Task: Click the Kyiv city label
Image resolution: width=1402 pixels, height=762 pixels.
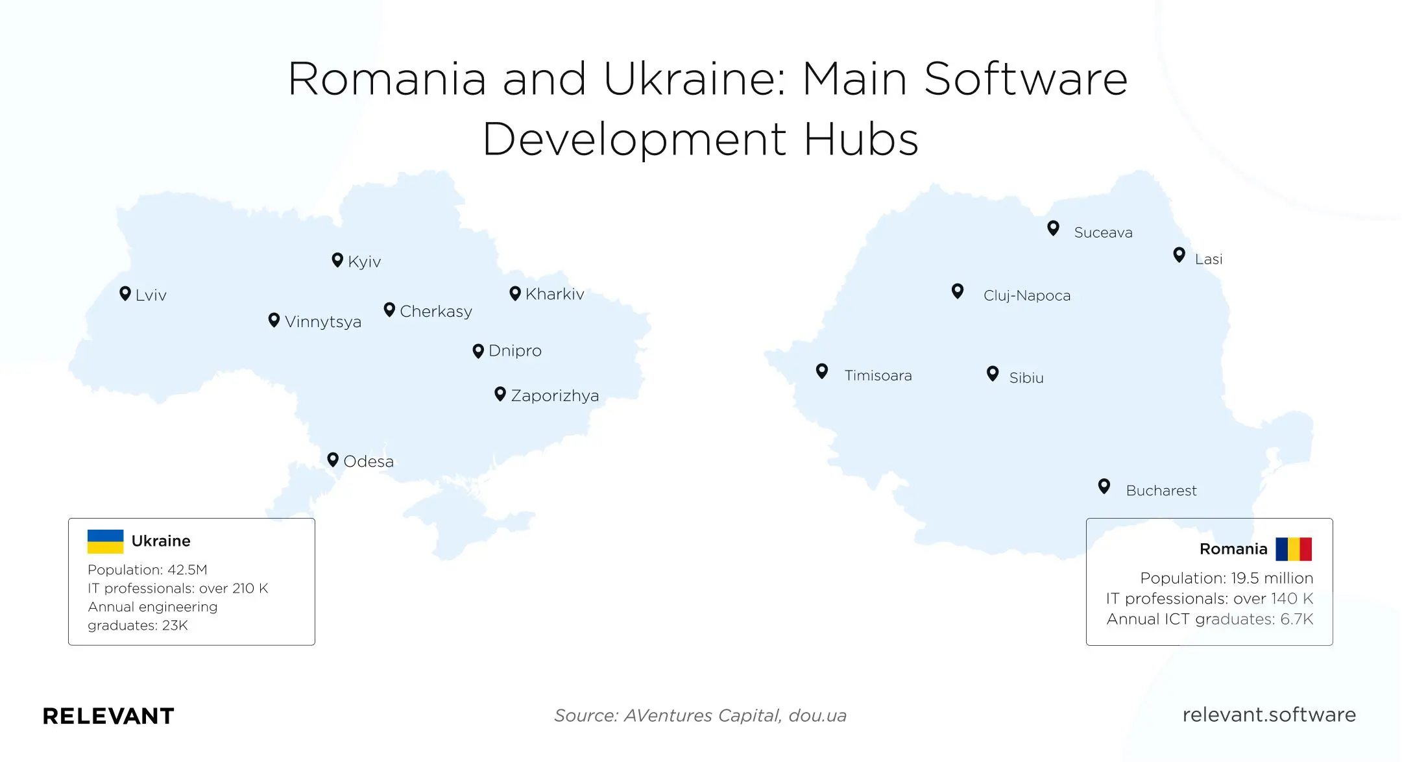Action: tap(364, 262)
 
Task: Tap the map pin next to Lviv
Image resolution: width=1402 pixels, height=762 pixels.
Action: tap(125, 293)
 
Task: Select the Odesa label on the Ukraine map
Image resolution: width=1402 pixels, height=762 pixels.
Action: tap(369, 461)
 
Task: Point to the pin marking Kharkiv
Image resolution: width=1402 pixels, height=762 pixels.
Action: tap(515, 293)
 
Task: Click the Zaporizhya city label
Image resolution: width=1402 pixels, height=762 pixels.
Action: tap(555, 396)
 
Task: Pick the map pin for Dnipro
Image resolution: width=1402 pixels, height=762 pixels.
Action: tap(478, 350)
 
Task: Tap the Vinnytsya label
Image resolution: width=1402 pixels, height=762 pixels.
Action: tap(323, 322)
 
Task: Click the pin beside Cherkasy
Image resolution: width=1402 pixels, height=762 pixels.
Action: tap(389, 310)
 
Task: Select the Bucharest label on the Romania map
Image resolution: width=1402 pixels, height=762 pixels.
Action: tap(1161, 491)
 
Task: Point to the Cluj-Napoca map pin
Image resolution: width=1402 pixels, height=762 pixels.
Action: tap(957, 291)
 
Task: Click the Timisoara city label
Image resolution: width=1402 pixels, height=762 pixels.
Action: tap(878, 376)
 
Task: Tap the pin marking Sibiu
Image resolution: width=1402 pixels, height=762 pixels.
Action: tap(992, 373)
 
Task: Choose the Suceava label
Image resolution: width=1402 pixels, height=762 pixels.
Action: tap(1103, 232)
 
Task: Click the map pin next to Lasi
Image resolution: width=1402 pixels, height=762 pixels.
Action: tap(1179, 254)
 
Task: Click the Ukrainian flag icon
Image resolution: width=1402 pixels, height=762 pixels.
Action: tap(105, 541)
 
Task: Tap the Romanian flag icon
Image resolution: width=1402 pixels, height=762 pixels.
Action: tap(1293, 549)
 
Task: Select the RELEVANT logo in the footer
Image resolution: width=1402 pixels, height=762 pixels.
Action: tap(108, 716)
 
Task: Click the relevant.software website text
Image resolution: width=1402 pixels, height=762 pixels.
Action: tap(1269, 715)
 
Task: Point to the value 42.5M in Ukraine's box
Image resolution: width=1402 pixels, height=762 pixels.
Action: tap(187, 570)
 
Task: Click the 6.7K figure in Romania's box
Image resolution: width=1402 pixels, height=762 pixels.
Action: tap(1296, 619)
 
